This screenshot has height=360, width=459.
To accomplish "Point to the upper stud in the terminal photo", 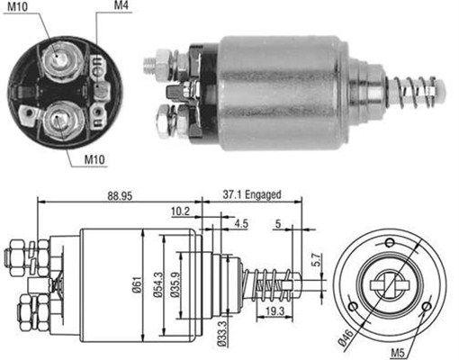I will click(58, 59).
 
